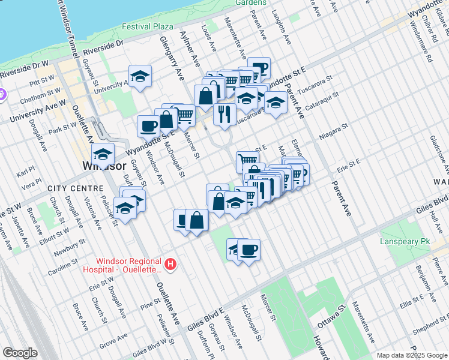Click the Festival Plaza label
[147, 26]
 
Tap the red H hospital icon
[171, 264]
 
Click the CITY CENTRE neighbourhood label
[69, 188]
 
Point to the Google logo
[20, 353]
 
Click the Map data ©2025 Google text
[412, 355]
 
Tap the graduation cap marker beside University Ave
[140, 76]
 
